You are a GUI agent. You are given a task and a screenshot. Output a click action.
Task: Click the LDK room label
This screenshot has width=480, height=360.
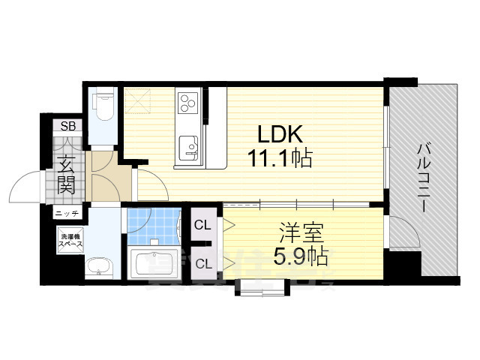tap(279, 134)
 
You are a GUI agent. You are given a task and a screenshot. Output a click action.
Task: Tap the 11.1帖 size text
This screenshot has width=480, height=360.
tap(280, 159)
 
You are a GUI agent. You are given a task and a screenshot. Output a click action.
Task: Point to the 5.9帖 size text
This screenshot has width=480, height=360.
tap(300, 257)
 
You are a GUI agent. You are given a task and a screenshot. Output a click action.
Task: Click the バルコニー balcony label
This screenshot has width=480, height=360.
tap(424, 178)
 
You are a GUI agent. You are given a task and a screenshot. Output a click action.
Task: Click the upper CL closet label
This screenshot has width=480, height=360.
tap(202, 224)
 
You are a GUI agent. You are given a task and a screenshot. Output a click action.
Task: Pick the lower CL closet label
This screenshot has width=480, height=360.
tap(202, 262)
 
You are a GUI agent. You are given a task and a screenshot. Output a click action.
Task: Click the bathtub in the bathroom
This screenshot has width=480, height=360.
tap(154, 263)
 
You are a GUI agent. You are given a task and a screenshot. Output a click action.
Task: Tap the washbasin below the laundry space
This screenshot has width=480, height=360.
tap(97, 266)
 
